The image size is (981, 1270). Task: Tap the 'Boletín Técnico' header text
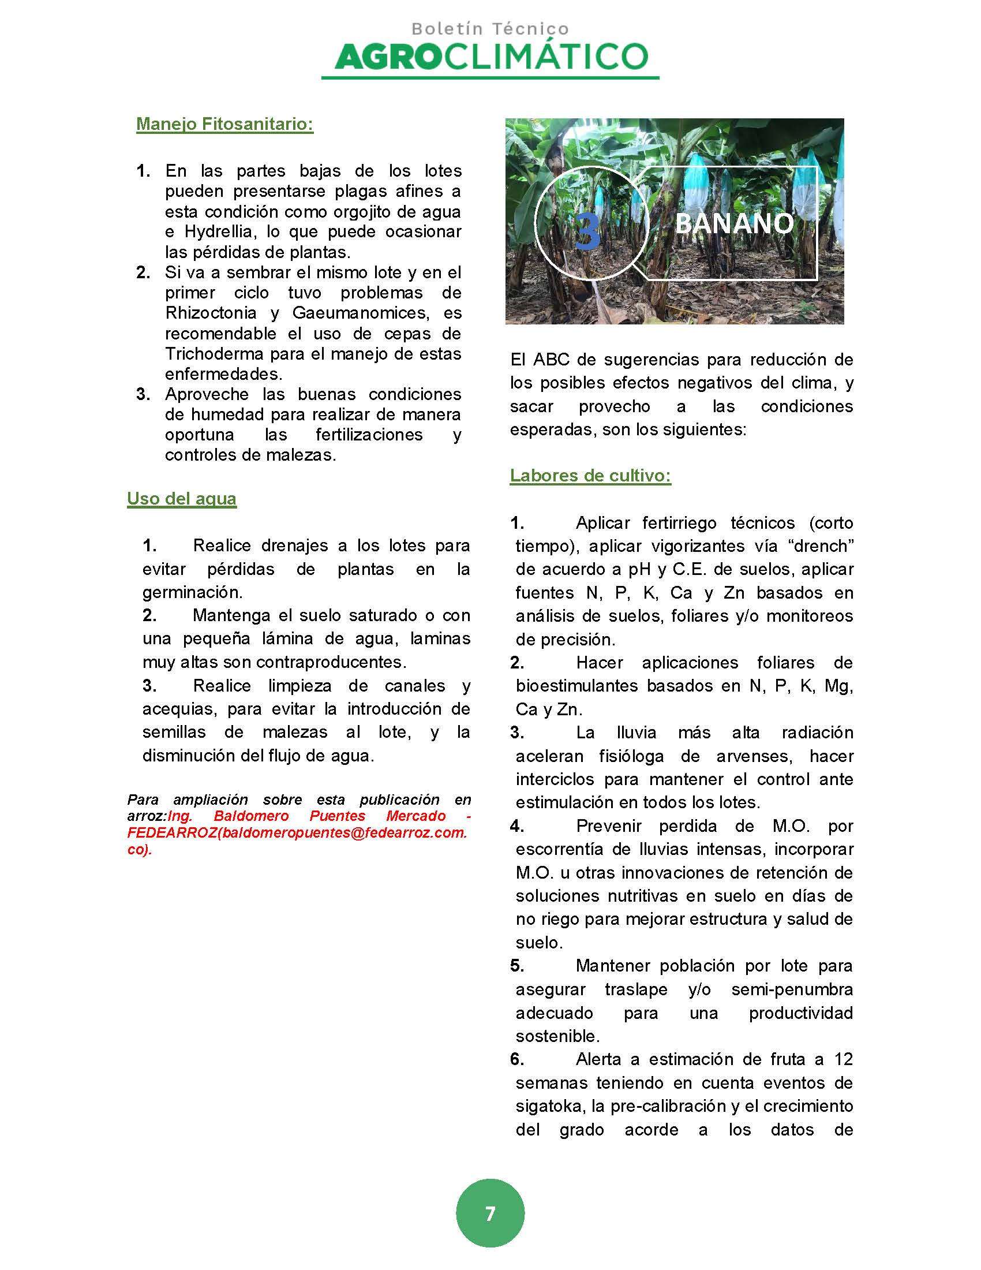pos(490,28)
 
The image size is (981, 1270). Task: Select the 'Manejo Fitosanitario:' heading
pos(225,124)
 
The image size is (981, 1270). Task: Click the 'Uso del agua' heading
pos(181,498)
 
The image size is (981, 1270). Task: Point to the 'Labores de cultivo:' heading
pos(590,476)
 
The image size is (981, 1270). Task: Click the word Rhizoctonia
pos(211,313)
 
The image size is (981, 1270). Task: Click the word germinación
pos(192,592)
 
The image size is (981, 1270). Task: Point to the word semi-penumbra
pos(792,989)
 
